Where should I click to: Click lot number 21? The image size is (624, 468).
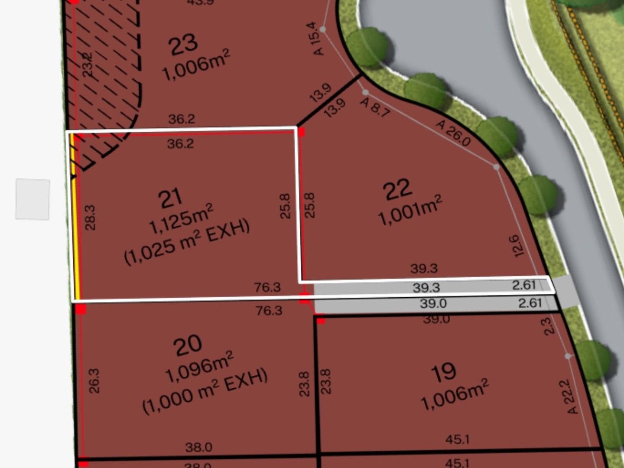tap(170, 199)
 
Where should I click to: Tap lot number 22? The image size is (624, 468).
tap(397, 189)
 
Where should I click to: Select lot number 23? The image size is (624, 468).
tap(183, 45)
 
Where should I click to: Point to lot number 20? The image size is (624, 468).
tap(187, 345)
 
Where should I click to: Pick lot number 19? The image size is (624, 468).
tap(444, 372)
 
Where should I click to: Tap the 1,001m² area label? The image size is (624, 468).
tap(410, 210)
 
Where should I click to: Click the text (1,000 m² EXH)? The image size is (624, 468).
tap(205, 391)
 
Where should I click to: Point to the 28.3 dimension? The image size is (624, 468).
tap(90, 217)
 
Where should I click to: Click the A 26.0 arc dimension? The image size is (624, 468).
tap(453, 133)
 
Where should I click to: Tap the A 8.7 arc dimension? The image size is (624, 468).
tap(375, 107)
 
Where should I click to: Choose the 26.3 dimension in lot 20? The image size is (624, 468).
tap(94, 380)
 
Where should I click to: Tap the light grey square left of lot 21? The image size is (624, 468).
tap(32, 199)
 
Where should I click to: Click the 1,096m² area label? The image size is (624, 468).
tap(199, 367)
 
